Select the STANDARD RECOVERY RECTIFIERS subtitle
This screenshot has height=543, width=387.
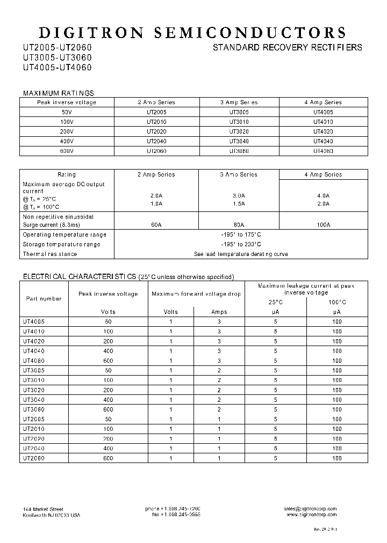[x=288, y=48]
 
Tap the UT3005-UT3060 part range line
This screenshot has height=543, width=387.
[x=57, y=57]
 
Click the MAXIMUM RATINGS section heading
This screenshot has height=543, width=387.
[x=58, y=93]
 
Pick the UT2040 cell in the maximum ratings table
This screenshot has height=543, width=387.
[x=156, y=141]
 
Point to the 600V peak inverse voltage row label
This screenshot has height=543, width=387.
[x=67, y=151]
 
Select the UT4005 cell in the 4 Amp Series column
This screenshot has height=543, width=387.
[x=323, y=112]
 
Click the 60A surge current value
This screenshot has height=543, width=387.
[x=156, y=225]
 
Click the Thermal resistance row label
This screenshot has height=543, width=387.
[x=50, y=254]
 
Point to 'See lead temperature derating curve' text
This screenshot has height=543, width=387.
[x=241, y=254]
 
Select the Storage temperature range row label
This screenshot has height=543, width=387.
[x=61, y=244]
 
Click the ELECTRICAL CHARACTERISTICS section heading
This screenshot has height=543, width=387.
[x=79, y=277]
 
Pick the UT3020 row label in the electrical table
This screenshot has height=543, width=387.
[x=33, y=390]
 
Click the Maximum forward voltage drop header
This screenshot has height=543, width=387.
[x=196, y=294]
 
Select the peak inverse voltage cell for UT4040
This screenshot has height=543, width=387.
[x=108, y=351]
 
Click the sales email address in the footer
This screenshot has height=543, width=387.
[x=311, y=509]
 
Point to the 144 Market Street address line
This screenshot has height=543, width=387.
[x=44, y=509]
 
